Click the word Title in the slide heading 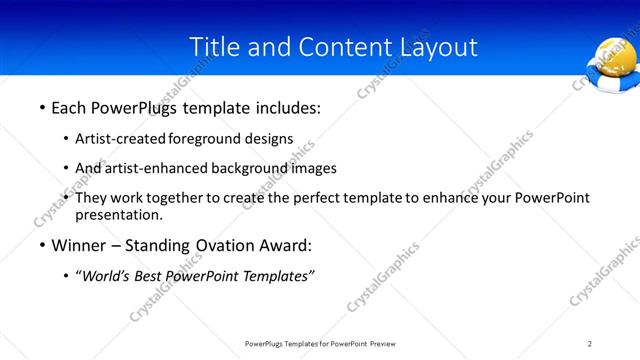coord(213,47)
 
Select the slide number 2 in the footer coord(590,343)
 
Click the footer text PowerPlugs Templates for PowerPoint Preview coord(319,343)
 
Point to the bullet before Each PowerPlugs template coord(41,105)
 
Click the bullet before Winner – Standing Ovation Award coord(41,246)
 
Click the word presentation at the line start coord(118,214)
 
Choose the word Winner coord(81,246)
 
